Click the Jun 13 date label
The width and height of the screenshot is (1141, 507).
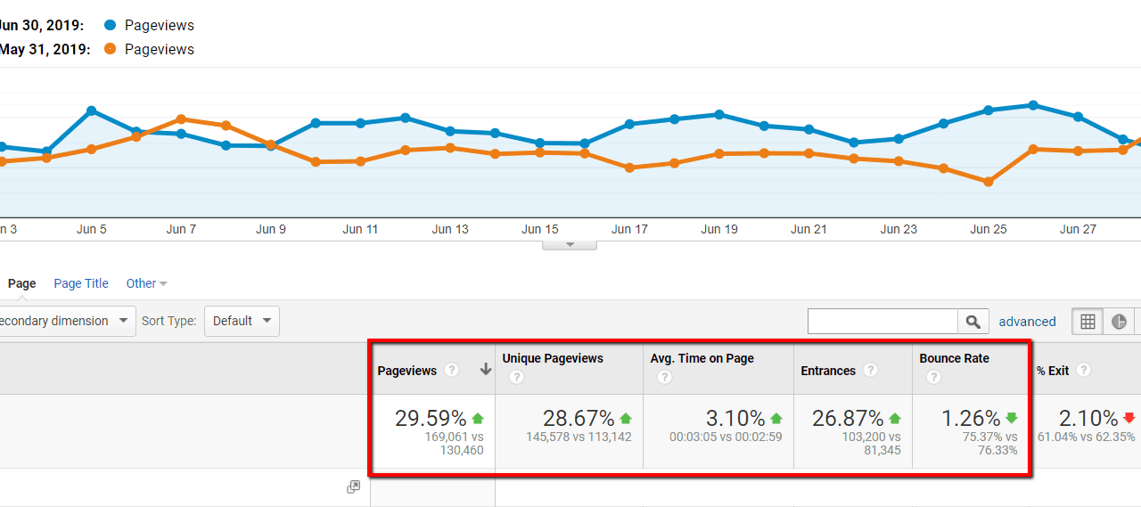[x=450, y=229]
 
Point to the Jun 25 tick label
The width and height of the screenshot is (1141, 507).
[x=988, y=229]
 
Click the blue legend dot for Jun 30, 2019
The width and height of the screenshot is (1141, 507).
[x=110, y=26]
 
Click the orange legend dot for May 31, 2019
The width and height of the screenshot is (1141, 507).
[x=110, y=49]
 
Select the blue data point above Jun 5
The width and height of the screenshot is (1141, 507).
[x=92, y=110]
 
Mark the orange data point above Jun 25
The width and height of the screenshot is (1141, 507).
[x=989, y=182]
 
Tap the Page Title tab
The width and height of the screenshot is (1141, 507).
[x=81, y=283]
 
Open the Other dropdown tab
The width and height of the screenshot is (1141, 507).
[x=146, y=283]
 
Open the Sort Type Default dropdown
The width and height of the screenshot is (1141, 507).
[x=242, y=321]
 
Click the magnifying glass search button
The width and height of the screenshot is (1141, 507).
[x=973, y=322]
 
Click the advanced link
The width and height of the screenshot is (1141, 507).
[x=1027, y=322]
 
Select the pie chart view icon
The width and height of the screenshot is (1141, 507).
[x=1119, y=322]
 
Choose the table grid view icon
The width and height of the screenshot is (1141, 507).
[x=1088, y=322]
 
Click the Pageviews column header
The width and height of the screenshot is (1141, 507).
[x=406, y=371]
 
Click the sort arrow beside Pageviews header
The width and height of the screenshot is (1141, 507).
[x=486, y=370]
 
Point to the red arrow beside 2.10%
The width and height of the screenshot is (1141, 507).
[x=1129, y=418]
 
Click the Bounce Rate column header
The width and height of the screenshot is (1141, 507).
[x=954, y=358]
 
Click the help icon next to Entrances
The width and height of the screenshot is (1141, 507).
[x=870, y=371]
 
